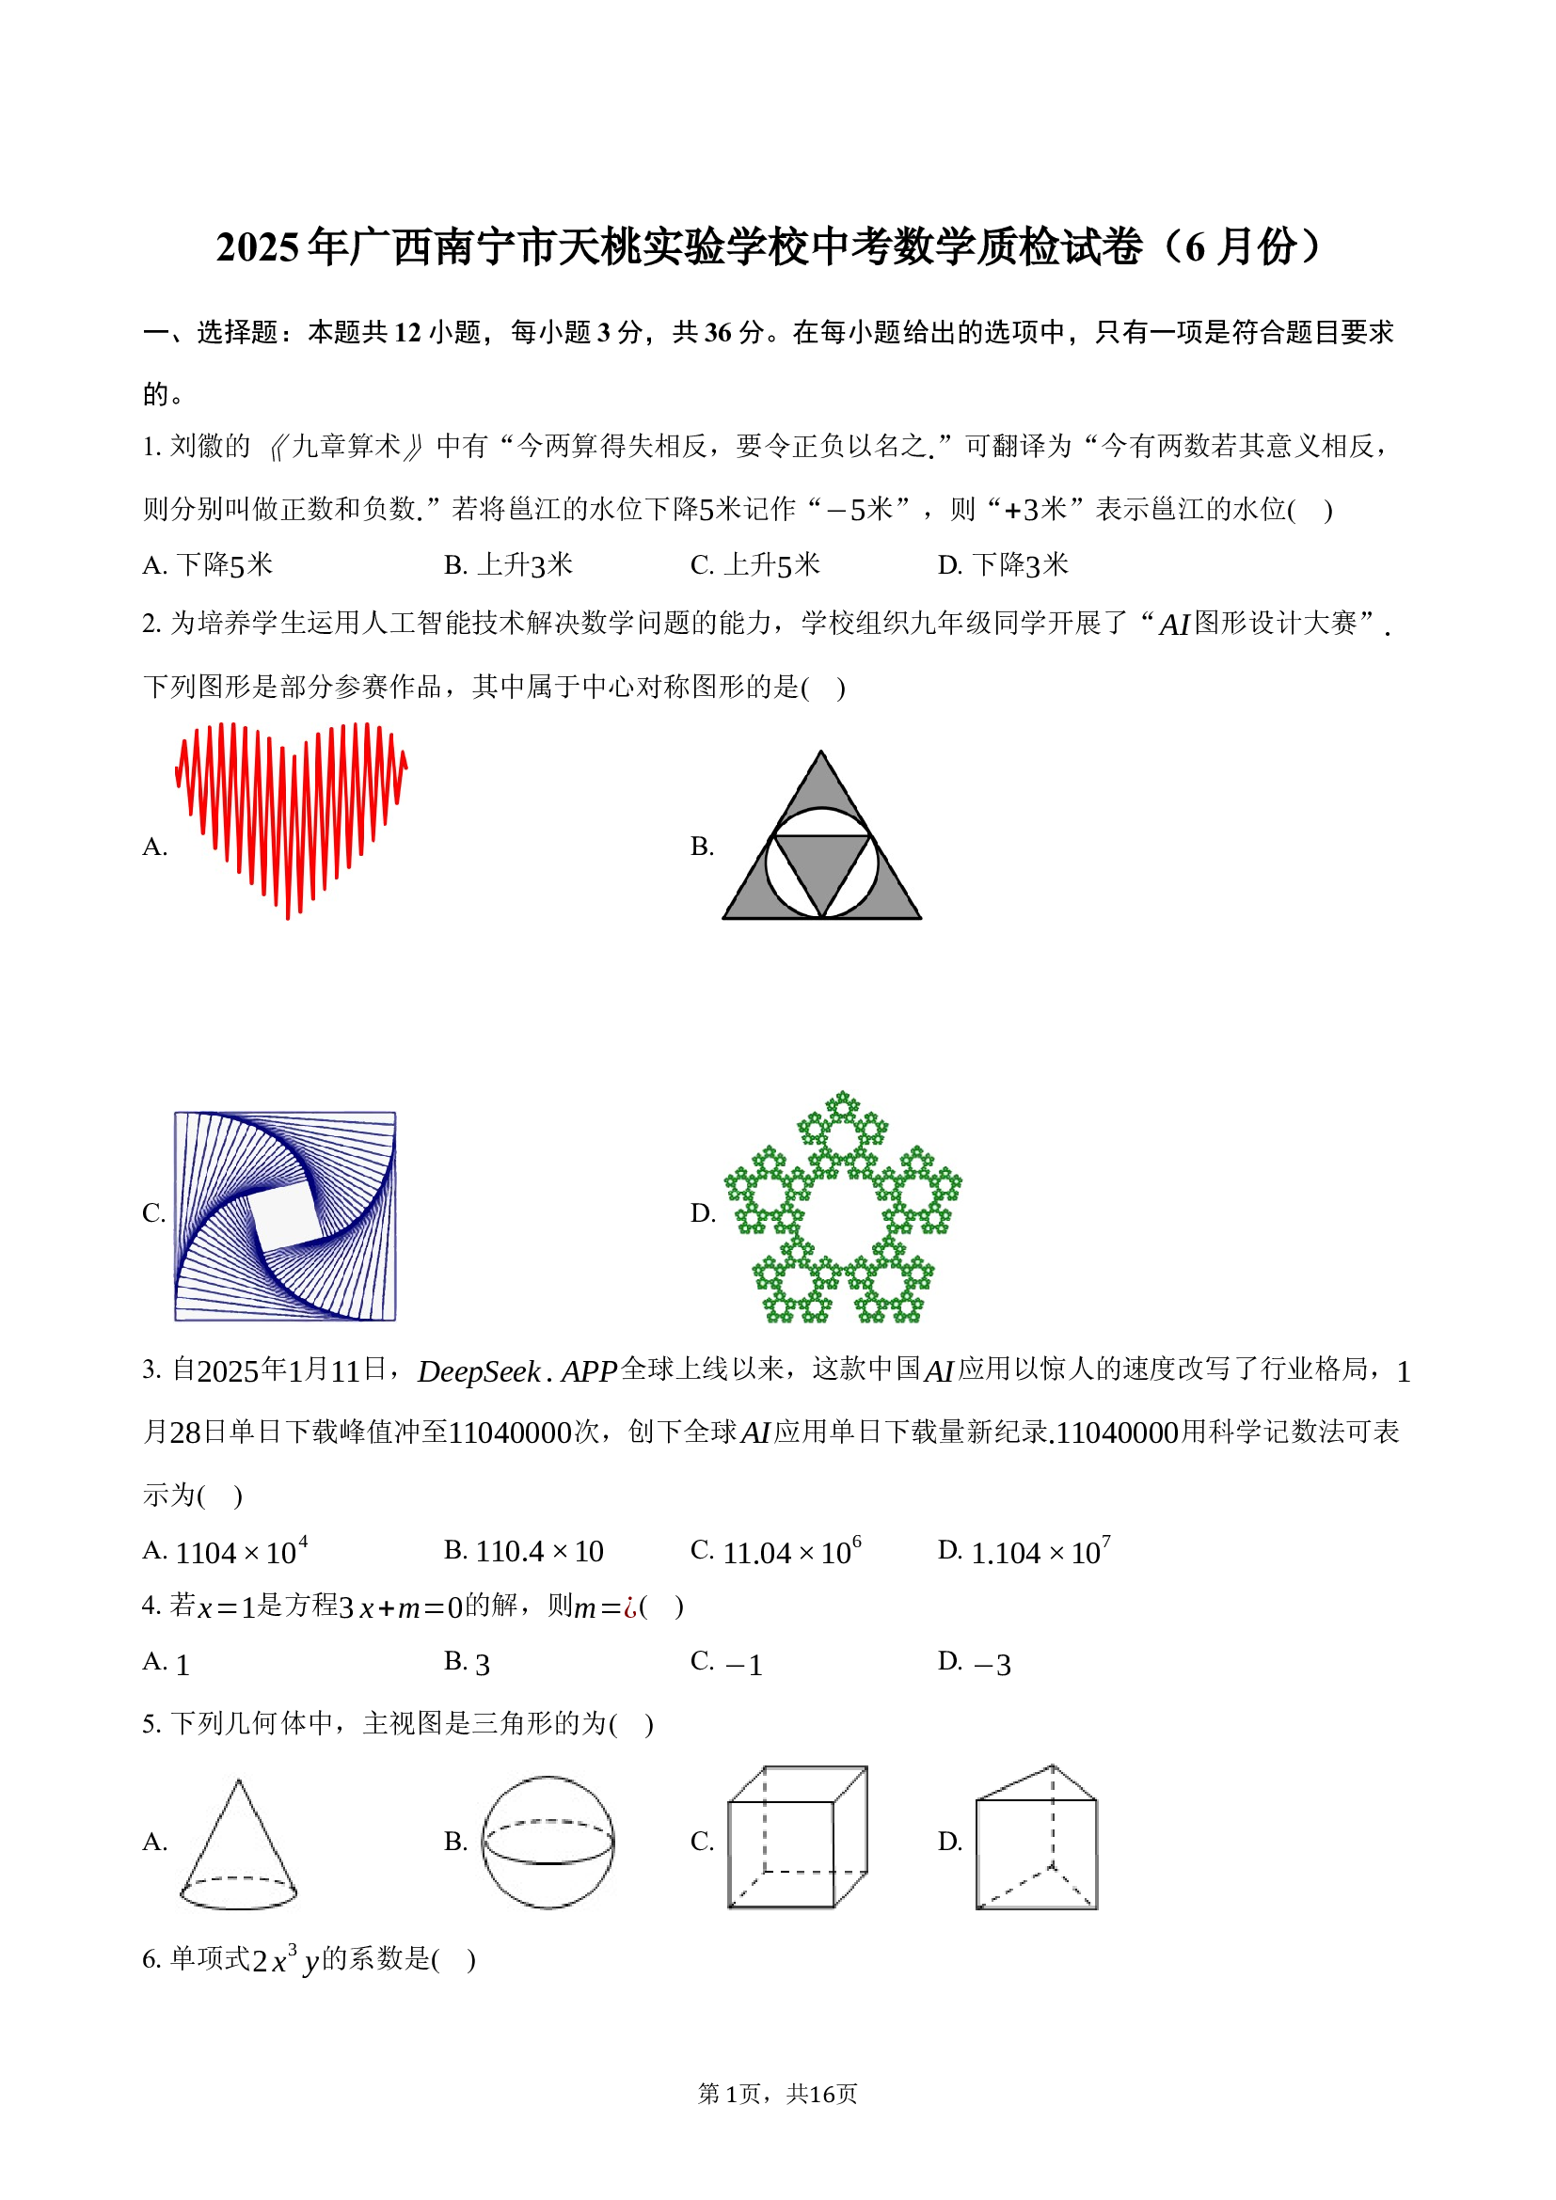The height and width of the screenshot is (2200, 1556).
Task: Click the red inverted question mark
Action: click(629, 1607)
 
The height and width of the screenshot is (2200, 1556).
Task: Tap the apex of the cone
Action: click(239, 1781)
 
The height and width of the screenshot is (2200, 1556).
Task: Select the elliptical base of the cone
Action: click(239, 1892)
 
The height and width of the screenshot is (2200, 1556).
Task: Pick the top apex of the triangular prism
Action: click(1052, 1766)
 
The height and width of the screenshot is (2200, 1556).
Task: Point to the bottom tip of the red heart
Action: click(288, 915)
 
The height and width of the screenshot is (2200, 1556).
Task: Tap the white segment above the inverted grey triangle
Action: click(821, 822)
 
